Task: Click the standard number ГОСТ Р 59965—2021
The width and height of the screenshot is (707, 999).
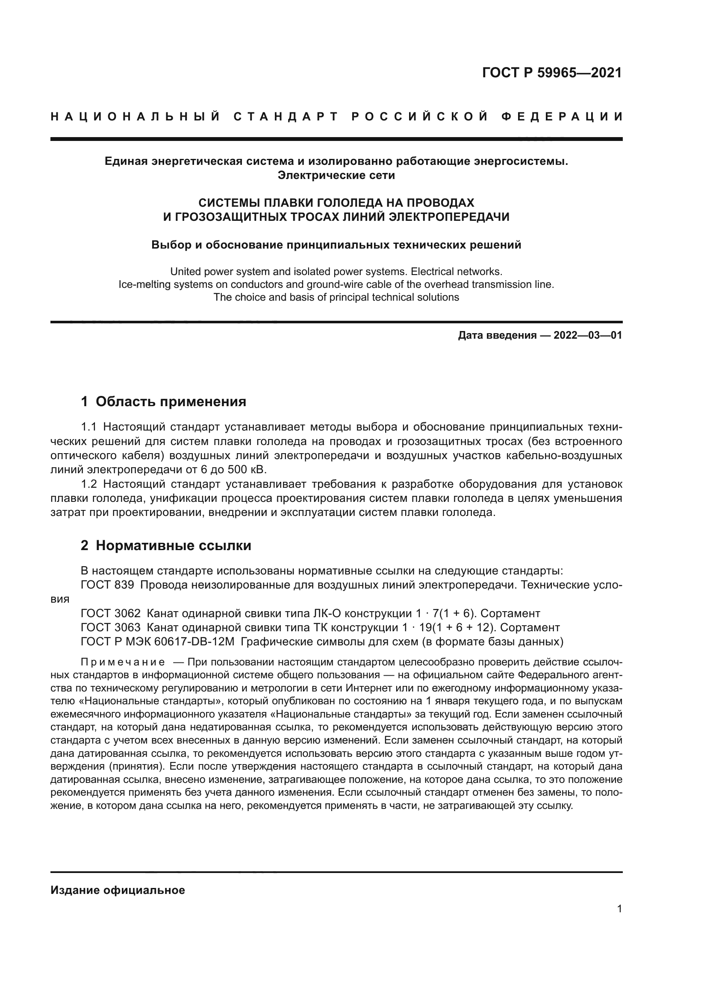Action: [x=552, y=73]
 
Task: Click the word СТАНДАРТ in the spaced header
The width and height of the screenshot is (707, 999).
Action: [x=286, y=117]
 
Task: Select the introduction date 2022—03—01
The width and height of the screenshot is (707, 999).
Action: [x=588, y=335]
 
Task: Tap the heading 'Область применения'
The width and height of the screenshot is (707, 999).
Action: [x=171, y=401]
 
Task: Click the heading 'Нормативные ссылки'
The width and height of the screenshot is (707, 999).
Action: [x=173, y=545]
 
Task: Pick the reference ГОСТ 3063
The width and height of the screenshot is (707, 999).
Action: [x=111, y=627]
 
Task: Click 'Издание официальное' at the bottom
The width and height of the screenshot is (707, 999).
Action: [x=118, y=890]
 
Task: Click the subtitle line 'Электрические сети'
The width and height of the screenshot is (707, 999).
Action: [x=336, y=176]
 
